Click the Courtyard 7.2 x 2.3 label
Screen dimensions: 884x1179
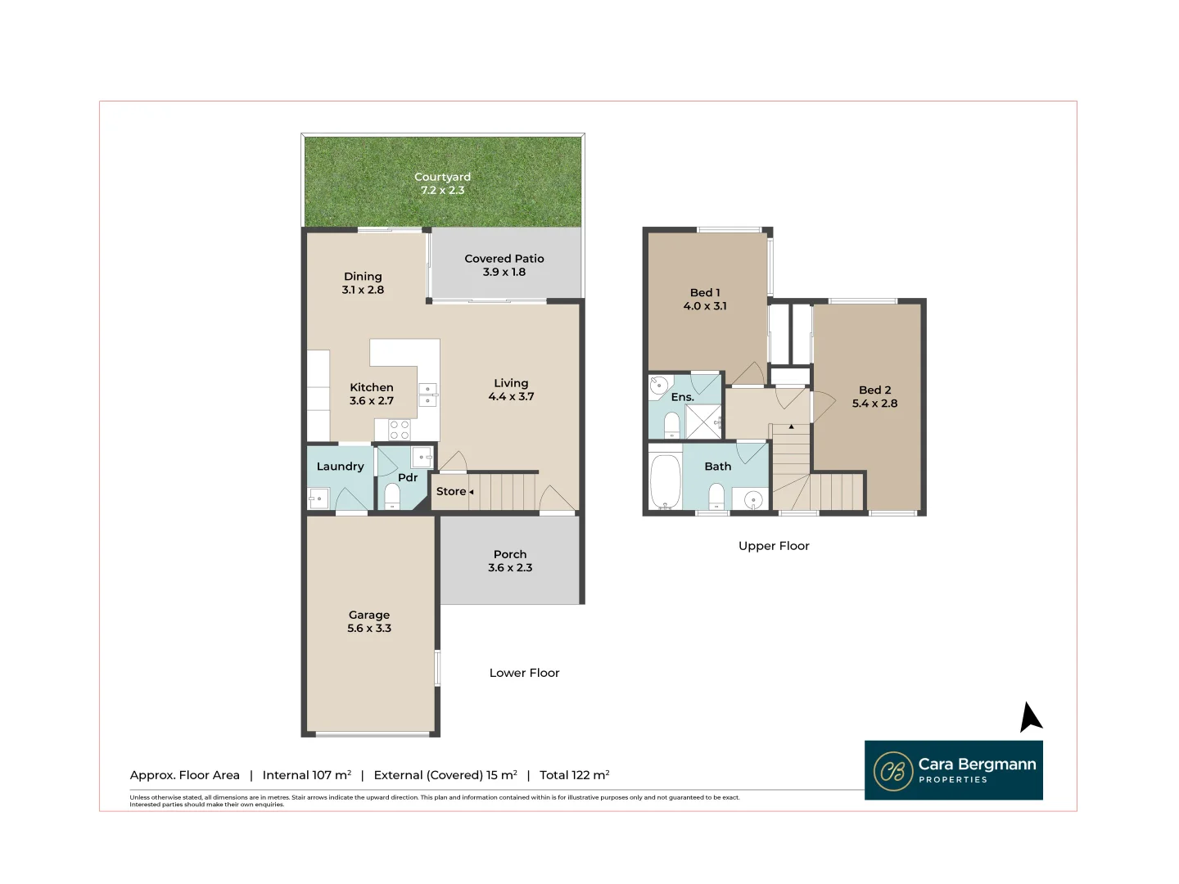[442, 183]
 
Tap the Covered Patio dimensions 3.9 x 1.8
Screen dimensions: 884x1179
[504, 273]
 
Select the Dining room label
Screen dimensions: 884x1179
[363, 277]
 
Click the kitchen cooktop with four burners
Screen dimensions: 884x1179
[400, 430]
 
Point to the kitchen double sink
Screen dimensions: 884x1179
[427, 395]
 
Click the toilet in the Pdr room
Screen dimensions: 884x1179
[392, 496]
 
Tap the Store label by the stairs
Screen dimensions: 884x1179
[451, 491]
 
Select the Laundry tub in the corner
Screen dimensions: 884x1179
[318, 498]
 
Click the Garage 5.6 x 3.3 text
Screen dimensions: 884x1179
[369, 622]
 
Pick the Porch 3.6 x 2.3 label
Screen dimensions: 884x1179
[510, 561]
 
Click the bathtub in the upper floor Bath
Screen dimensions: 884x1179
[665, 482]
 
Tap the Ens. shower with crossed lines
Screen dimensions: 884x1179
[702, 421]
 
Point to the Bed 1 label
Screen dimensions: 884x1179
[705, 293]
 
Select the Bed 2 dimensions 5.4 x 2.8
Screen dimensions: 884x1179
[874, 404]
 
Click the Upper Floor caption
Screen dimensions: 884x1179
[774, 546]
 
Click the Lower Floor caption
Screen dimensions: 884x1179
[524, 673]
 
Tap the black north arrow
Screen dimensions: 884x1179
[1030, 718]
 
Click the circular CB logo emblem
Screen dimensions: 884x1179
[892, 771]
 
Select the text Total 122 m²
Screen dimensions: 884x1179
[574, 775]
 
